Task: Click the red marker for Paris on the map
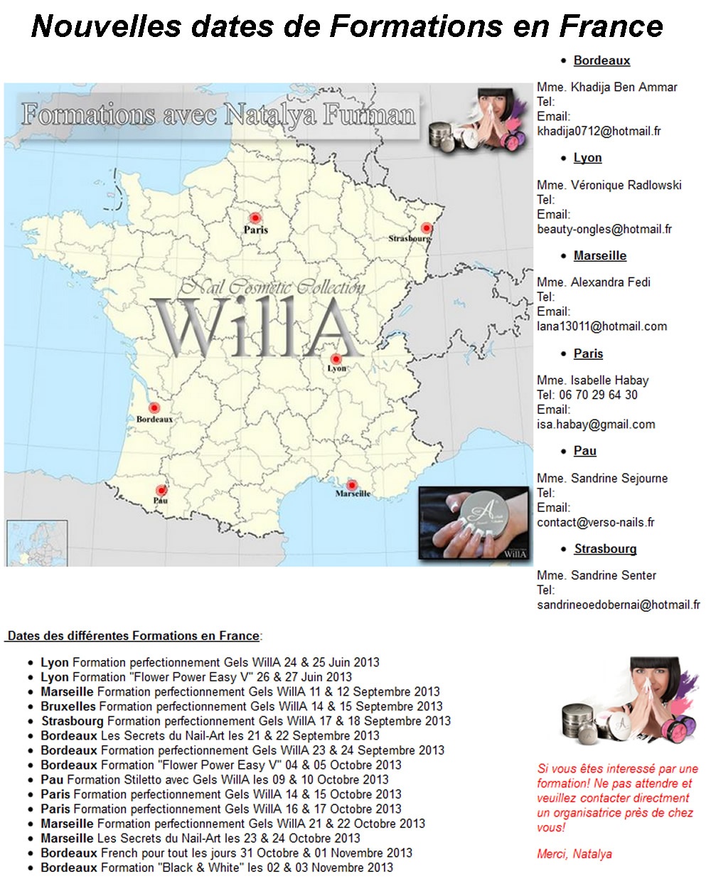255,218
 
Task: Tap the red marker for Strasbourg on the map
426,228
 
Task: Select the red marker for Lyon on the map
336,359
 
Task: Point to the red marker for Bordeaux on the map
154,409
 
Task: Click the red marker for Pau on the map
161,491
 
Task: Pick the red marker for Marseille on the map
351,486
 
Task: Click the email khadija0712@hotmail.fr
599,131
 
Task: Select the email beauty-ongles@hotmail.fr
604,229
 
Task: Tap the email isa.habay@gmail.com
596,425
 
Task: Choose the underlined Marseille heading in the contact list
600,256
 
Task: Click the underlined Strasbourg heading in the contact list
605,549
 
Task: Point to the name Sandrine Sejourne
619,478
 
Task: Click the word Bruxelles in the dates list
68,706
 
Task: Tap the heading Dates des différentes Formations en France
133,636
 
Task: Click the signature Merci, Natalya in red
574,854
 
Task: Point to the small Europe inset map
37,543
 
